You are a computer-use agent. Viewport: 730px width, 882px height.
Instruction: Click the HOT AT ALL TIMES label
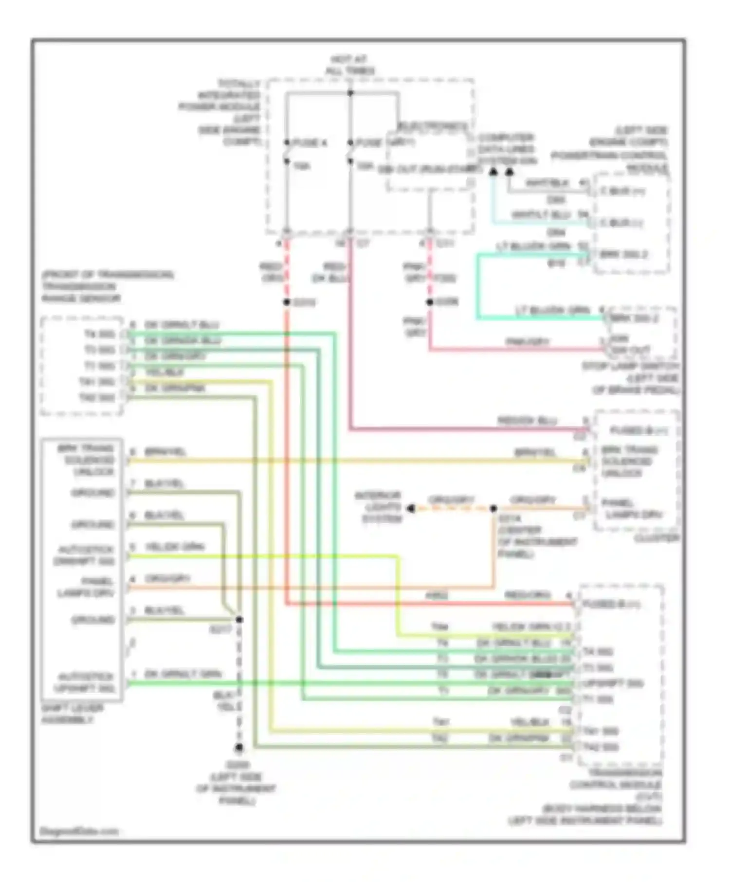coord(349,65)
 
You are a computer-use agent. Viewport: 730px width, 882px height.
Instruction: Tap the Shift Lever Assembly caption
coord(72,714)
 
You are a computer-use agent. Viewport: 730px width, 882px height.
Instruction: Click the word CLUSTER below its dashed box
coord(656,538)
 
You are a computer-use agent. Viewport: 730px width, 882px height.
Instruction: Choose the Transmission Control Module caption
coord(615,796)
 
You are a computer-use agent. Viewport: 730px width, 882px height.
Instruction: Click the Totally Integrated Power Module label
coord(222,112)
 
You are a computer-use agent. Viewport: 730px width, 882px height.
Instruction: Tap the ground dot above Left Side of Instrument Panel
coord(239,748)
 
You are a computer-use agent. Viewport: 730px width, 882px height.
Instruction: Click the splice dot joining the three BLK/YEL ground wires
coord(239,619)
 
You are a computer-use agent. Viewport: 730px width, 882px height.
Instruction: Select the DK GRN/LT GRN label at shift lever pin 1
coord(183,674)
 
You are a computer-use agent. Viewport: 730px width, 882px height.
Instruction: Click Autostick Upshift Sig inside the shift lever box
coord(85,683)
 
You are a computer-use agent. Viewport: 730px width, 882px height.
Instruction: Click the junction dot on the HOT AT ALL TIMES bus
coord(350,93)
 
